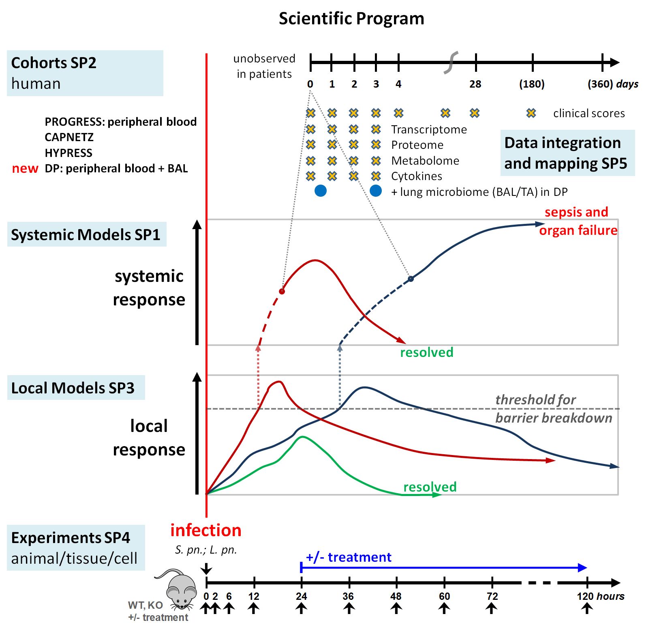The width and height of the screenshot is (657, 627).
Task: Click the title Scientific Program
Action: pyautogui.click(x=351, y=19)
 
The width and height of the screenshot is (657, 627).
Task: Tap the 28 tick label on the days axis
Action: pyautogui.click(x=475, y=84)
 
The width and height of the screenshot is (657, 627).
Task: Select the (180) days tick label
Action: pyautogui.click(x=532, y=84)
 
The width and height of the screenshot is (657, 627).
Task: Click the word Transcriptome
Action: pyautogui.click(x=429, y=129)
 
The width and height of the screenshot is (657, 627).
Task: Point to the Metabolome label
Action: pyautogui.click(x=425, y=161)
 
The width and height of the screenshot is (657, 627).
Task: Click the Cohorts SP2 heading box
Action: pyautogui.click(x=85, y=73)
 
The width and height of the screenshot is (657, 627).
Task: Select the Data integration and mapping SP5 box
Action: pyautogui.click(x=567, y=153)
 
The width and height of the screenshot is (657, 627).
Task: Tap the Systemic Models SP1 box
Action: pyautogui.click(x=87, y=234)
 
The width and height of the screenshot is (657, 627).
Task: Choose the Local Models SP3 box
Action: pyautogui.click(x=76, y=388)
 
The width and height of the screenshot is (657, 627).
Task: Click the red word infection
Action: pyautogui.click(x=206, y=530)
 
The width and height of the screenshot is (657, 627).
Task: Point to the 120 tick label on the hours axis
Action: pyautogui.click(x=585, y=596)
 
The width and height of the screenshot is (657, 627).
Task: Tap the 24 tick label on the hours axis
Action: pyautogui.click(x=301, y=596)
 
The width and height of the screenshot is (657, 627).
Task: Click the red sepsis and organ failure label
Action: pyautogui.click(x=578, y=221)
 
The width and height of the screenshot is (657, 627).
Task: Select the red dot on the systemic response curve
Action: pyautogui.click(x=282, y=291)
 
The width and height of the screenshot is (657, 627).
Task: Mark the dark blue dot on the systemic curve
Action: pyautogui.click(x=411, y=279)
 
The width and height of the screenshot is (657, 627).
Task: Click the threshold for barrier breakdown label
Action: pyautogui.click(x=554, y=409)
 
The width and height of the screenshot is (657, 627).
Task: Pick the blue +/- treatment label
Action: pyautogui.click(x=349, y=557)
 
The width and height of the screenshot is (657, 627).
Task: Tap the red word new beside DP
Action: pyautogui.click(x=25, y=168)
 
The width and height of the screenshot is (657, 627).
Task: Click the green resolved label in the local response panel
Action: pyautogui.click(x=430, y=487)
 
